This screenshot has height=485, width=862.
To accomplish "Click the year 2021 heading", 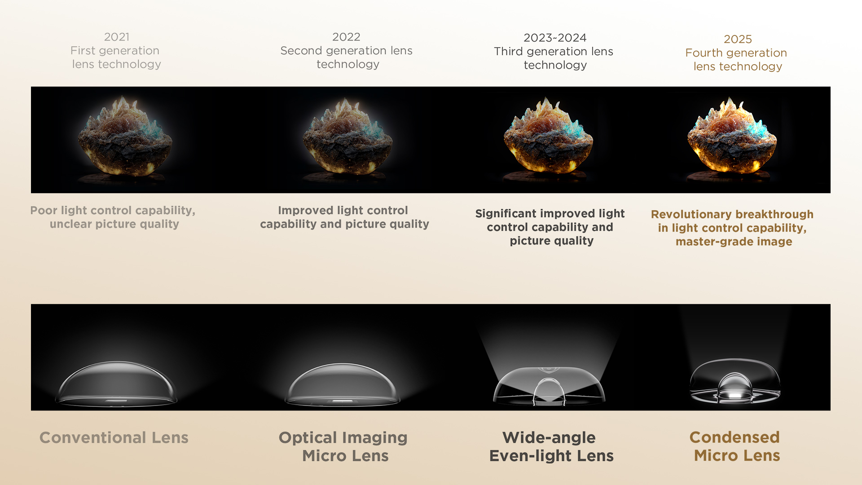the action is point(117,37).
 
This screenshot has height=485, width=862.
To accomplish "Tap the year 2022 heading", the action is point(346,37).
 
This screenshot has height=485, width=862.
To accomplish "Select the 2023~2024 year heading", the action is point(555,38).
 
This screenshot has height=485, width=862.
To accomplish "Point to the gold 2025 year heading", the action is point(738,39).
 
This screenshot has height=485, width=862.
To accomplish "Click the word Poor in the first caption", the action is point(44,210).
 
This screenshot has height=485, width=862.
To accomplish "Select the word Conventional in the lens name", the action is point(93,437).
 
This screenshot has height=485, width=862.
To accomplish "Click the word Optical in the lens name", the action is point(308,438).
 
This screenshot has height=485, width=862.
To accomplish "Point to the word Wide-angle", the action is point(549,438).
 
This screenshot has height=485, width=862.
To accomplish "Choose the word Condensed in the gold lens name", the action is point(734,437).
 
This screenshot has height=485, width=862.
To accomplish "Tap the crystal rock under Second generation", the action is point(347,137).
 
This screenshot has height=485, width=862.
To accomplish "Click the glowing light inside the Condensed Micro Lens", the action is point(735,395).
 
